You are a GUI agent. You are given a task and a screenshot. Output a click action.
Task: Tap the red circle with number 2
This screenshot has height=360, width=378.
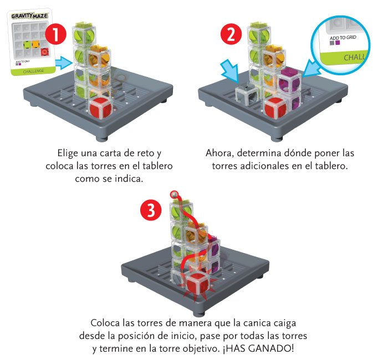click(x=231, y=34)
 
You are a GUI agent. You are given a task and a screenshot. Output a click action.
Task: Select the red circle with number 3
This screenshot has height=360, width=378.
click(x=151, y=210)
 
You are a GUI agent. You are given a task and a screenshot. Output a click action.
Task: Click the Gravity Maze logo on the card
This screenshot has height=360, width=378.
click(x=29, y=16)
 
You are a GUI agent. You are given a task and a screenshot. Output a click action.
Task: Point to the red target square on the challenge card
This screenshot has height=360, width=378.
click(x=44, y=52)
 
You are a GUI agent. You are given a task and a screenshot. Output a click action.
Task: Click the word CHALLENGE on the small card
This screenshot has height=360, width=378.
click(x=33, y=71)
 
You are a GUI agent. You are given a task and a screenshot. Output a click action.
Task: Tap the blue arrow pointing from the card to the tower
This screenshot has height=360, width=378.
click(x=64, y=63)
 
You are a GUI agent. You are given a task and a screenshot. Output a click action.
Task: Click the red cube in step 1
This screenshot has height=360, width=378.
click(x=101, y=107)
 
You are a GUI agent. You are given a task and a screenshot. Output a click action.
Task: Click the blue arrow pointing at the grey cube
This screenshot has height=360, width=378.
click(x=230, y=70)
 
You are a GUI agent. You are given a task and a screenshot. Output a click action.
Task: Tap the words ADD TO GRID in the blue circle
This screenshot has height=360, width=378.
click(x=343, y=38)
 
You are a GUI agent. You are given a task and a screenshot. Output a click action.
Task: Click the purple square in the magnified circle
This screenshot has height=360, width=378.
click(x=338, y=43)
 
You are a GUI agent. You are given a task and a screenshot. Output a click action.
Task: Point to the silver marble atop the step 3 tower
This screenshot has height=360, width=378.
click(x=174, y=194)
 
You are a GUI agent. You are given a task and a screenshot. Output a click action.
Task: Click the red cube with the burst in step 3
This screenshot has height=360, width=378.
click(x=197, y=282)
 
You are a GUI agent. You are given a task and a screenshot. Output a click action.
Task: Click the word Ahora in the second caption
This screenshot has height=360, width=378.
click(x=219, y=153)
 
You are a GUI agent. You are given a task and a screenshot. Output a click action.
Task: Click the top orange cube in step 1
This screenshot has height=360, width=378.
click(x=99, y=57)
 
